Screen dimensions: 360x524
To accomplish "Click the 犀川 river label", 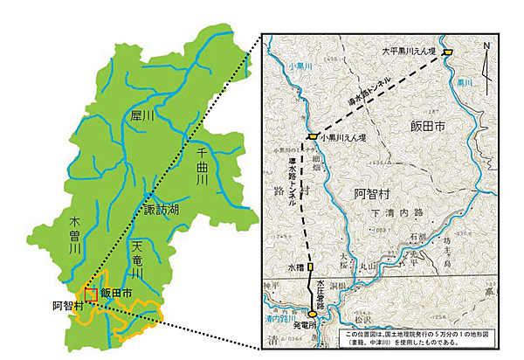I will point(142,114).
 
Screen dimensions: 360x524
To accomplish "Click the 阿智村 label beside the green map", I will point(67,305).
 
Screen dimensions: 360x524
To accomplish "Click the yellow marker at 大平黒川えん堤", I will point(447,52).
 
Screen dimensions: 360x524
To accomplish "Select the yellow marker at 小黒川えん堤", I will point(311,137).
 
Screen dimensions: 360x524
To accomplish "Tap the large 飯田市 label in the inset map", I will point(427,128).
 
